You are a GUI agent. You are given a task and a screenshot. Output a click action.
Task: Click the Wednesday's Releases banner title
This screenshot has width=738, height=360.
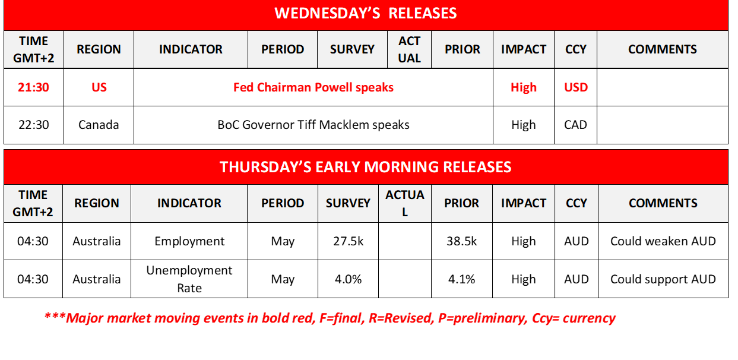[x=365, y=14]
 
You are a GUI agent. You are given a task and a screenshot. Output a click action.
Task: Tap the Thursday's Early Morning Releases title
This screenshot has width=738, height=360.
[x=365, y=167]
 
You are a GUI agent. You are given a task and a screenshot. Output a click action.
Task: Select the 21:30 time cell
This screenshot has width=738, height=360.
[x=34, y=87]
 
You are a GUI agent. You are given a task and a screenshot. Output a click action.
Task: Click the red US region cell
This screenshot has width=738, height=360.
[x=99, y=87]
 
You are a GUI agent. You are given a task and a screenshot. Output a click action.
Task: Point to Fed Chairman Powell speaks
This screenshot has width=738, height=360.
[x=313, y=87]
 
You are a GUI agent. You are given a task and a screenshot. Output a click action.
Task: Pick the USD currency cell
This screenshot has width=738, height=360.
[x=576, y=87]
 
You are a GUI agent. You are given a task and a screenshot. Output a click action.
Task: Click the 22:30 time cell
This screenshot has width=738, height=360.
[x=34, y=125]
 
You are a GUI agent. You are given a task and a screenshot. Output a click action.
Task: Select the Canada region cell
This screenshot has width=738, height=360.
[x=99, y=125]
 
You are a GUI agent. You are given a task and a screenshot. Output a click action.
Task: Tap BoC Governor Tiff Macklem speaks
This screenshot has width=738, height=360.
[x=313, y=125]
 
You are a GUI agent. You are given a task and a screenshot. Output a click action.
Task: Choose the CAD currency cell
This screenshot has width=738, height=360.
[x=576, y=125]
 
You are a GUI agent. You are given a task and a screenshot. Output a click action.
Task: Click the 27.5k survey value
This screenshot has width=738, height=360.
[x=348, y=241]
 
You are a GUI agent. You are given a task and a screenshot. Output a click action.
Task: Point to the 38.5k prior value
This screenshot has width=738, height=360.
[x=461, y=241]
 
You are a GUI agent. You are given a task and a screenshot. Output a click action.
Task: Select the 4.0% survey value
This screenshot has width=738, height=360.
[x=348, y=279]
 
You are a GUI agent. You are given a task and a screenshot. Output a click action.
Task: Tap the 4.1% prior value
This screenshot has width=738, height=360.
[x=461, y=279]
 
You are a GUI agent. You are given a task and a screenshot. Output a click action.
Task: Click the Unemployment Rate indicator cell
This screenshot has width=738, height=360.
[x=189, y=279]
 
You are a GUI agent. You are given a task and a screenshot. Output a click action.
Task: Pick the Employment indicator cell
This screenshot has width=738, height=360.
[x=189, y=241]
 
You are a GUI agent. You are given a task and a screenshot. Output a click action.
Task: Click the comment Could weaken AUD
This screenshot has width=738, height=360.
[x=663, y=241]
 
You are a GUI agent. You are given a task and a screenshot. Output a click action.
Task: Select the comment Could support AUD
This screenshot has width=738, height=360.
[x=663, y=279]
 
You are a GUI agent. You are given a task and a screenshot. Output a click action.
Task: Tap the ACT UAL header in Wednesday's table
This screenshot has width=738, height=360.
[x=409, y=49]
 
